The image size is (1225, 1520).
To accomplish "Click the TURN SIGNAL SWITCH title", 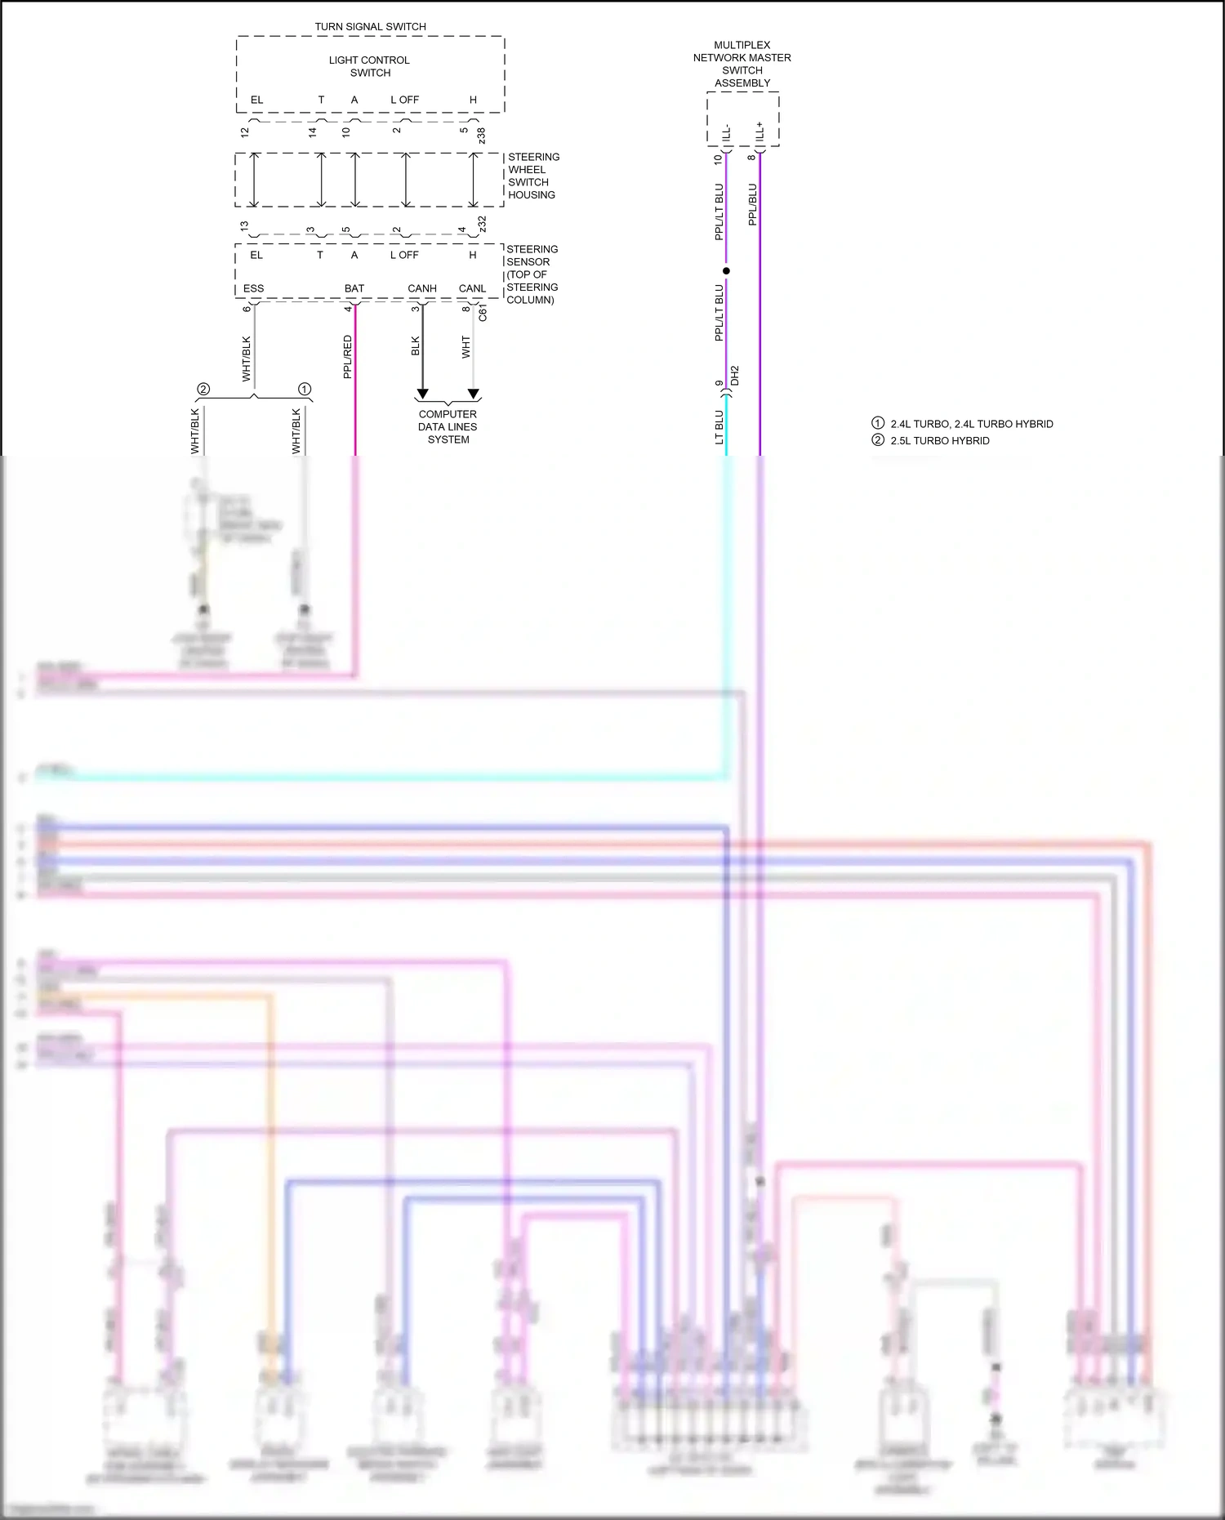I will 370,27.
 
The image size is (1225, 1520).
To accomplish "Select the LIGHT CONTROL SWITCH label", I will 370,66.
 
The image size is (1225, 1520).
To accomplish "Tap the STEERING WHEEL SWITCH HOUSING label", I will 532,176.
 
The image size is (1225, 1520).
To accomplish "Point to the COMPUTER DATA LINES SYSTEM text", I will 448,426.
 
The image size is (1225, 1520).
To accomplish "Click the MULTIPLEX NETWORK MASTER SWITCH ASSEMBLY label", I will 742,64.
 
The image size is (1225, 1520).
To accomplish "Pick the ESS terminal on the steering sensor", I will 253,288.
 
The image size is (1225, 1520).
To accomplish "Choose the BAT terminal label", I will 354,288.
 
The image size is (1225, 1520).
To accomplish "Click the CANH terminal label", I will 422,288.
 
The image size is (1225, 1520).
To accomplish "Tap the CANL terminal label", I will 472,288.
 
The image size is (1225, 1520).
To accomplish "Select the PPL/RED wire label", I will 348,357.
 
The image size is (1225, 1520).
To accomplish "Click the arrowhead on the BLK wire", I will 422,394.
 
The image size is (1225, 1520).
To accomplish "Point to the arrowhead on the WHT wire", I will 474,394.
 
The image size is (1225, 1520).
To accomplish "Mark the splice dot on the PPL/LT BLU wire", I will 726,270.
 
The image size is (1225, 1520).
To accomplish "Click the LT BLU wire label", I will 719,427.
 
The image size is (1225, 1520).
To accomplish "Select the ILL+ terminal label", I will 759,132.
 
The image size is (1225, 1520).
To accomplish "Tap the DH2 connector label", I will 735,376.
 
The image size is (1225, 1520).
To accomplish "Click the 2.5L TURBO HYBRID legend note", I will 940,440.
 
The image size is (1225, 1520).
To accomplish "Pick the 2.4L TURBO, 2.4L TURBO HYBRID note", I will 971,424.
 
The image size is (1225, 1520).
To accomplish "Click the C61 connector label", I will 483,314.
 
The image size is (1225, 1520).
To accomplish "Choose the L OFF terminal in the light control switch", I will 404,100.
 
